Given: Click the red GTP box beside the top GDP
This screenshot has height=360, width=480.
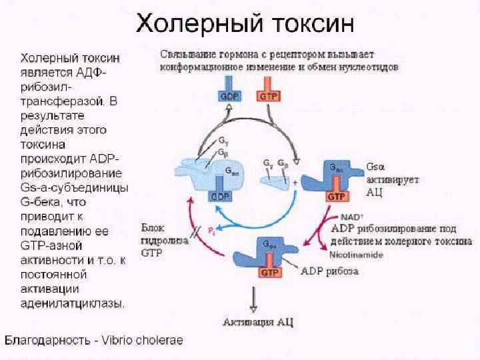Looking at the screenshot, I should pyautogui.click(x=271, y=95).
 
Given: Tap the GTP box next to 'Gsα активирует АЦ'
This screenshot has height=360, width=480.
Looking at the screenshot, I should pyautogui.click(x=335, y=197).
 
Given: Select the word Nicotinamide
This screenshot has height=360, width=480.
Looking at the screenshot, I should pyautogui.click(x=351, y=254).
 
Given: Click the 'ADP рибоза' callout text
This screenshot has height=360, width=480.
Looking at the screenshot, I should pyautogui.click(x=329, y=271).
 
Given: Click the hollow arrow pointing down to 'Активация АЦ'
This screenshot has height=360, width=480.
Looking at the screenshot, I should pyautogui.click(x=253, y=302).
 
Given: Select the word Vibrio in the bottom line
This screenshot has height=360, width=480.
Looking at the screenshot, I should pyautogui.click(x=122, y=340).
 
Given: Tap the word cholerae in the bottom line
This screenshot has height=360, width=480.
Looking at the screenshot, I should pyautogui.click(x=161, y=340).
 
